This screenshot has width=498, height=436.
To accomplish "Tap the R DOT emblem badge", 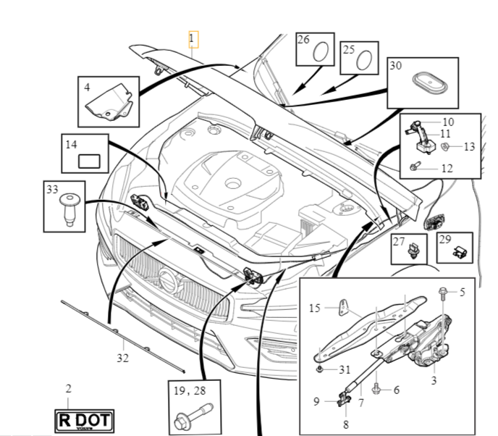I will click(x=77, y=420).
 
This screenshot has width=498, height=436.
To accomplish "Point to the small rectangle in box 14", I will click(x=90, y=161).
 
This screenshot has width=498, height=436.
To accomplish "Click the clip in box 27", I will click(x=414, y=251).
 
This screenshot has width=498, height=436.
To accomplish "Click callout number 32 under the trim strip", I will click(x=122, y=357).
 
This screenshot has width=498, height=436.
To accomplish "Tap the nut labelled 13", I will click(x=446, y=147).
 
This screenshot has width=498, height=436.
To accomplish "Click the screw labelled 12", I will click(x=415, y=167).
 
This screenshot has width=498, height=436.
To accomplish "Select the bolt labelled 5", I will click(x=442, y=293).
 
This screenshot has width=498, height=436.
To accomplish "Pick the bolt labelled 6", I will click(x=376, y=390).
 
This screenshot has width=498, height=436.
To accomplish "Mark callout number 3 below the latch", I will click(x=434, y=380).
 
